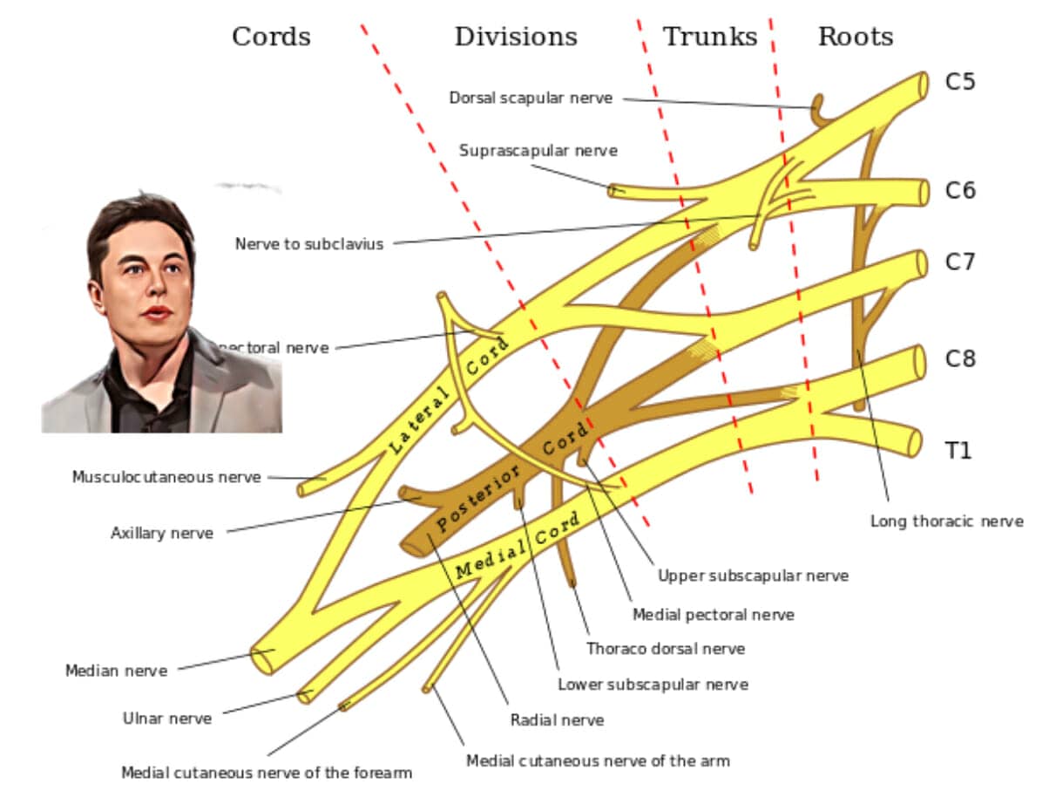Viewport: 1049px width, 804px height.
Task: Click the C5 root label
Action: point(960,82)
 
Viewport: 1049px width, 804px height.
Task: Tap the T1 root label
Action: point(958,450)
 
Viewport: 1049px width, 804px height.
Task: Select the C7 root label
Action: point(960,262)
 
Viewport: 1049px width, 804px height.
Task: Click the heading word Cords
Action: point(271,37)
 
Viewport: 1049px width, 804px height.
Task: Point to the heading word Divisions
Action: point(515,37)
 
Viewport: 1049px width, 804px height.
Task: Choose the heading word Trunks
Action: point(710,37)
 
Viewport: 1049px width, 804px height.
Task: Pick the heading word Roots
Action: point(855,37)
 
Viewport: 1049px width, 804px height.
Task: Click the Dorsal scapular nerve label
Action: point(531,98)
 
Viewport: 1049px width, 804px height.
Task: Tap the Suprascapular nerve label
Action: point(538,151)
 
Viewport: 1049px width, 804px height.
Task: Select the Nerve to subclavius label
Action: point(308,244)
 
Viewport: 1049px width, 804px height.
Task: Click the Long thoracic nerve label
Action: point(946,521)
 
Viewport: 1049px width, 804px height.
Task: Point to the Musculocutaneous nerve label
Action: point(166,477)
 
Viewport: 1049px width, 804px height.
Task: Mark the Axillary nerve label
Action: point(161,533)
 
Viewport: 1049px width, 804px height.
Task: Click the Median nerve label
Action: point(116,671)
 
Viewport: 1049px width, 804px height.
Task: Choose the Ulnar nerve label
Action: point(166,719)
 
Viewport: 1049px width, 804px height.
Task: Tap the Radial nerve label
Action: point(557,720)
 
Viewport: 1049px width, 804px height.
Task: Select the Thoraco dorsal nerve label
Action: point(665,649)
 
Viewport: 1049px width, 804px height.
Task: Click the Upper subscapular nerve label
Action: point(753,576)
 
